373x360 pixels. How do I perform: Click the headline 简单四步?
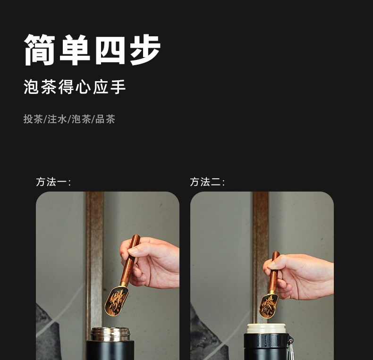(93, 50)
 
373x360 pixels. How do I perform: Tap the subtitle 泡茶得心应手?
(75, 87)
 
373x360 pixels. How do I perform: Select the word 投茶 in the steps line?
(33, 119)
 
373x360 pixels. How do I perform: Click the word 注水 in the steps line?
(57, 119)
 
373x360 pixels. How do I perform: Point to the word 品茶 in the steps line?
(105, 119)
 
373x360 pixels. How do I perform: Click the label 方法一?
(53, 182)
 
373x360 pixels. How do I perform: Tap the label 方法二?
(207, 182)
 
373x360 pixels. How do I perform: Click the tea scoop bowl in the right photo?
(268, 306)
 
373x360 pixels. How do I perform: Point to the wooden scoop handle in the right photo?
(274, 272)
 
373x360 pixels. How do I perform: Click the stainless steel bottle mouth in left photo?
(110, 334)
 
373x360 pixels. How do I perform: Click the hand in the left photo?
(152, 261)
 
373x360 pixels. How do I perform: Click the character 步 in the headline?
(145, 50)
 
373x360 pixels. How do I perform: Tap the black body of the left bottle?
(110, 351)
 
